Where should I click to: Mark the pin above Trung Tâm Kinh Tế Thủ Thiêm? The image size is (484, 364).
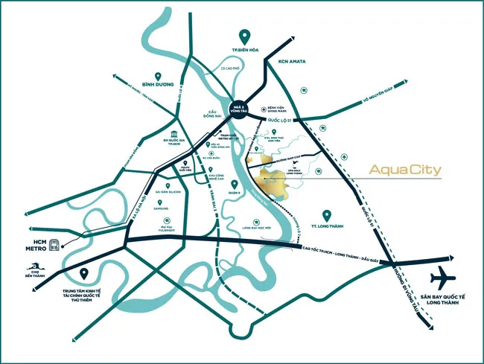(x=83, y=275)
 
